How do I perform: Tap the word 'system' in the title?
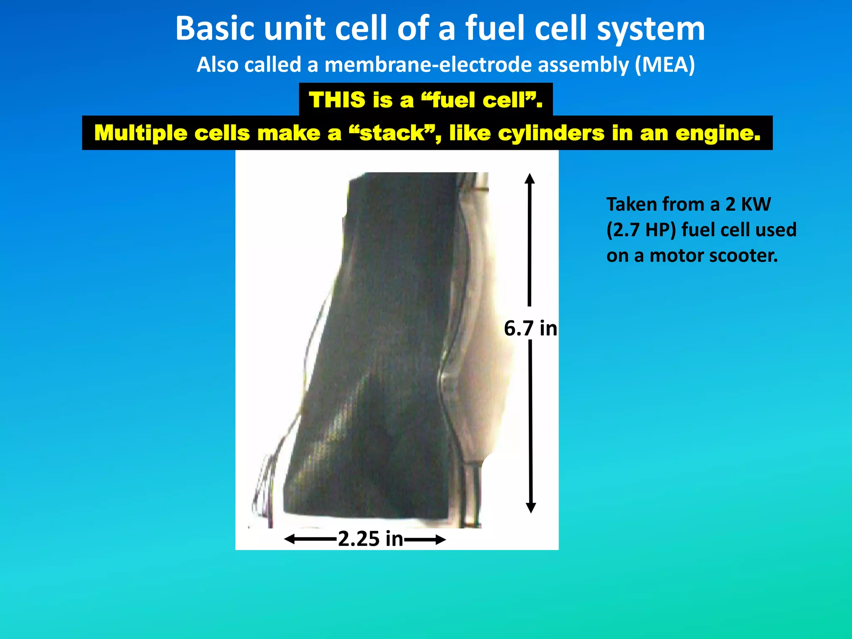pyautogui.click(x=651, y=29)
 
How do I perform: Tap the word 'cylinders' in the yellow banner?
pyautogui.click(x=551, y=133)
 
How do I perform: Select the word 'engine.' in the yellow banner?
pyautogui.click(x=718, y=134)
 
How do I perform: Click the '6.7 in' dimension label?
pyautogui.click(x=530, y=328)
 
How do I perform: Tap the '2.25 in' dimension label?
pyautogui.click(x=370, y=539)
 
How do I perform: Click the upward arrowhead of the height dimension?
pyautogui.click(x=530, y=179)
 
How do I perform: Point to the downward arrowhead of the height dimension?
pyautogui.click(x=531, y=508)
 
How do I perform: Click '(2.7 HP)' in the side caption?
pyautogui.click(x=641, y=230)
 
